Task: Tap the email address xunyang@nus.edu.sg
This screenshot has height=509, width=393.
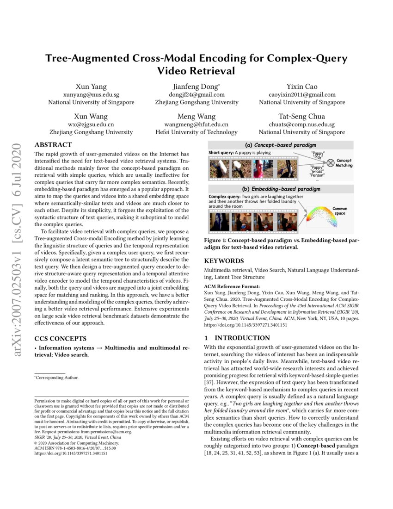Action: tap(91, 94)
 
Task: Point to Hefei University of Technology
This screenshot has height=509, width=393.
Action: tap(196, 132)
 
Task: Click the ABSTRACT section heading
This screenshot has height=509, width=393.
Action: tap(53, 145)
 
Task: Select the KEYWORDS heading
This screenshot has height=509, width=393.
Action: tap(224, 261)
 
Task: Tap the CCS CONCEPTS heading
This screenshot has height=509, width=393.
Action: tap(60, 339)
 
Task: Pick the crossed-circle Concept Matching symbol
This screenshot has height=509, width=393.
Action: tap(331, 162)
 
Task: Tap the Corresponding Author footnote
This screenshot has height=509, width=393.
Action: tap(57, 378)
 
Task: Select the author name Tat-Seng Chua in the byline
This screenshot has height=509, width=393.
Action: tap(302, 117)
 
